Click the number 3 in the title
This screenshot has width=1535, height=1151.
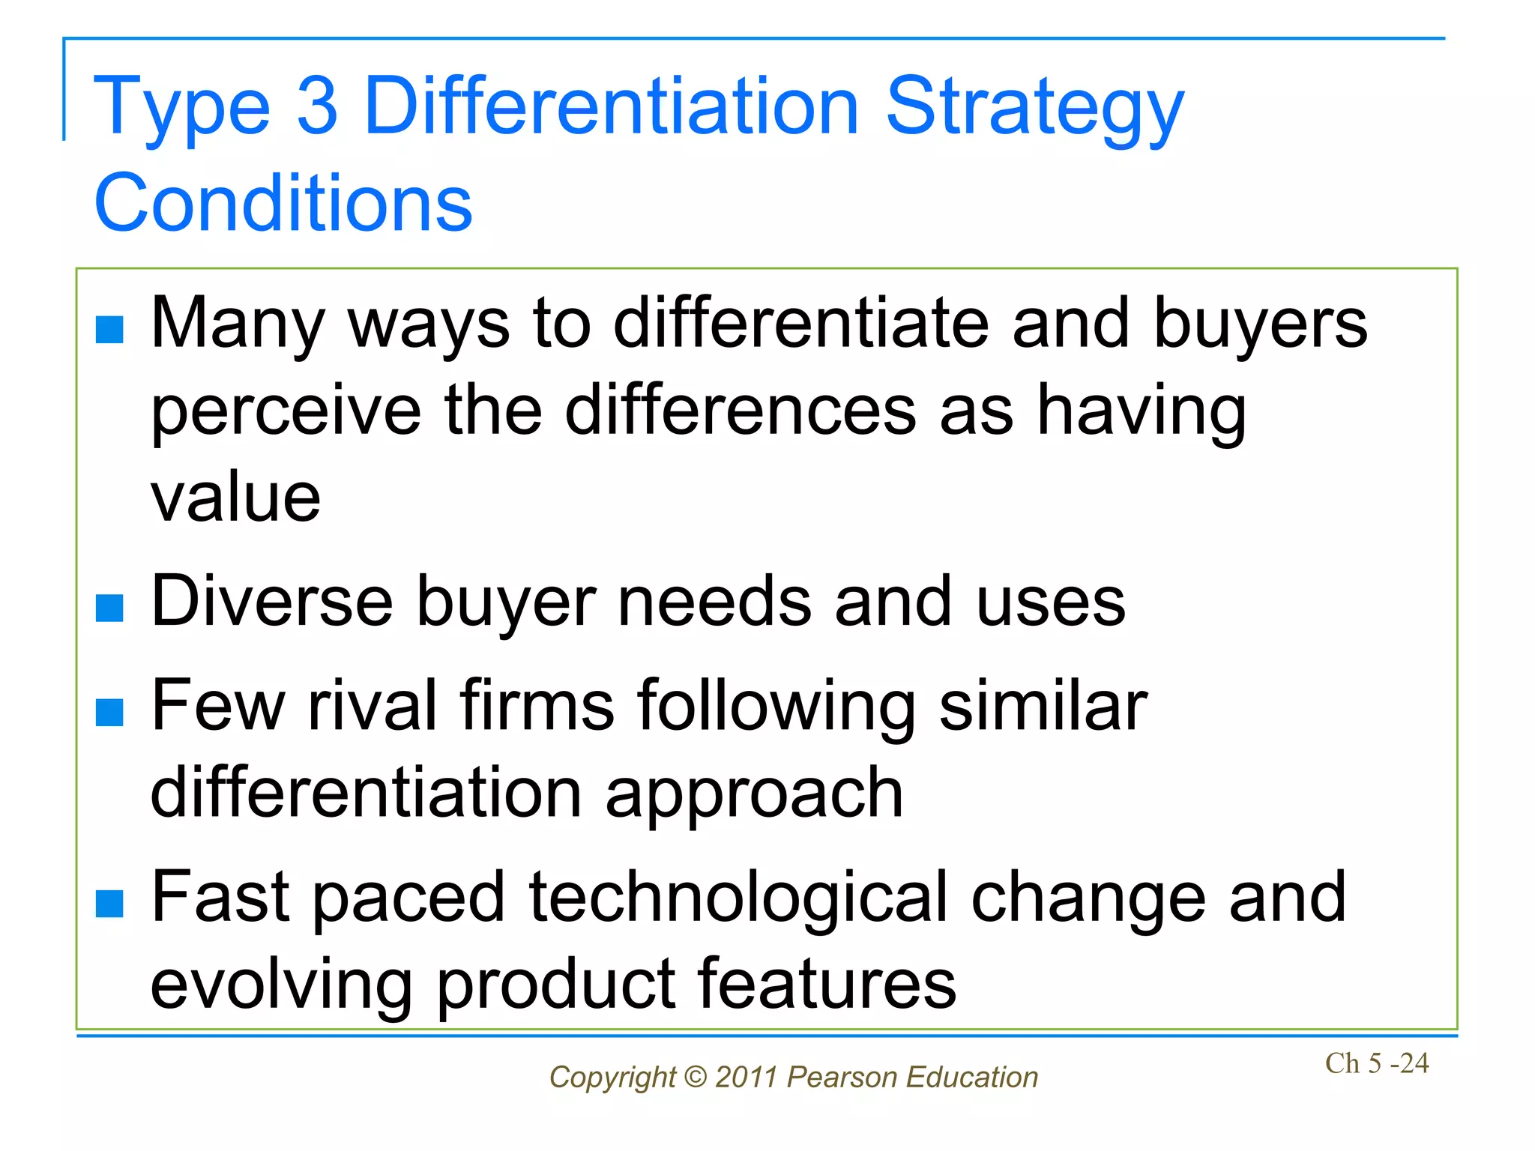coord(317,106)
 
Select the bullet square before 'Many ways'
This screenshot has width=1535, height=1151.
coord(109,330)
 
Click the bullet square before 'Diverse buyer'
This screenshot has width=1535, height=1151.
coord(109,608)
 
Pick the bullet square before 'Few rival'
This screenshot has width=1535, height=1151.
coord(109,713)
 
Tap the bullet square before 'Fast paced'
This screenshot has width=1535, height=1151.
coord(109,904)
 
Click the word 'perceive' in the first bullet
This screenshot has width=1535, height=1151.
coord(286,412)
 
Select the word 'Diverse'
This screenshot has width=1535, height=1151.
coord(271,601)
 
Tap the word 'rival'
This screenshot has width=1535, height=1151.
coord(373,705)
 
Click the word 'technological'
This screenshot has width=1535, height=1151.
coord(738,898)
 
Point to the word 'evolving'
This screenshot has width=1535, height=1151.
coord(281,985)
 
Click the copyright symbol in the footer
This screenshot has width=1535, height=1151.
coord(695,1078)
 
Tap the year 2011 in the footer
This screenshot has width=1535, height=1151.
coord(746,1078)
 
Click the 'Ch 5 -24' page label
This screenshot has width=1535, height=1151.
coord(1376,1063)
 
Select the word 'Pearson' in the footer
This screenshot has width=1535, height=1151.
coord(841,1078)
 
